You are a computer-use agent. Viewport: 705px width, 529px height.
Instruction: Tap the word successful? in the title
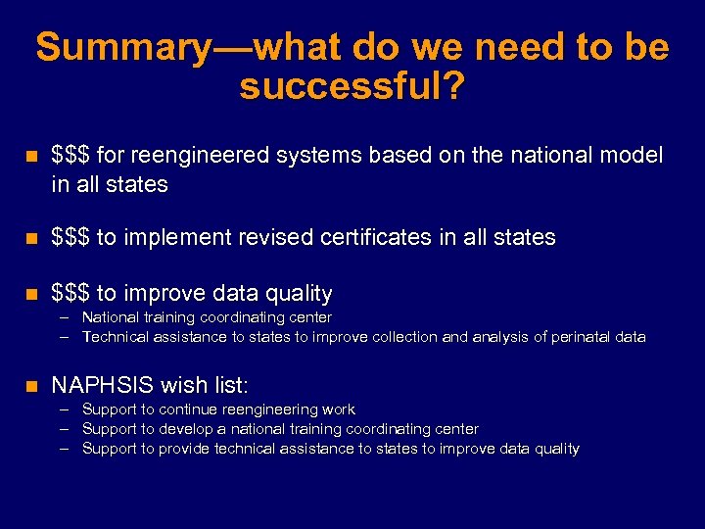click(352, 86)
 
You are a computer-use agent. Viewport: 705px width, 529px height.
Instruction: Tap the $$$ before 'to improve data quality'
click(70, 293)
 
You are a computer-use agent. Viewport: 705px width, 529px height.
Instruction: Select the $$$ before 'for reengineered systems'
click(70, 155)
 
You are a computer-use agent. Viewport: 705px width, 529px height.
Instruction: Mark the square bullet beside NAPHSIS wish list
click(32, 385)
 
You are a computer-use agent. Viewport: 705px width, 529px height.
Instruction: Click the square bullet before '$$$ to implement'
click(32, 238)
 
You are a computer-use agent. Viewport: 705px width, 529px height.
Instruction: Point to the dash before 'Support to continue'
click(65, 409)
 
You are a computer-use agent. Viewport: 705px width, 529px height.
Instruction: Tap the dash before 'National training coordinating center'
click(65, 317)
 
